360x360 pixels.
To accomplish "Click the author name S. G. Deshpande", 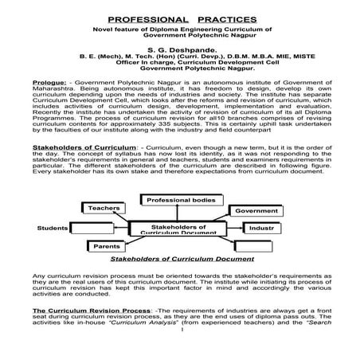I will point(179,49).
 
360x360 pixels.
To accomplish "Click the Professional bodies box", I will point(182,199).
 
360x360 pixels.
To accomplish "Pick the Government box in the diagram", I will point(256,211).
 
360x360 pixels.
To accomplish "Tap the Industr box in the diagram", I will point(261,228).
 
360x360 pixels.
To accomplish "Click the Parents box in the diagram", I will point(107,247).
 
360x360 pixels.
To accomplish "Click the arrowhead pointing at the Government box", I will point(230,212).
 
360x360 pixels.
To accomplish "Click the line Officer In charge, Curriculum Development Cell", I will point(179,64).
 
